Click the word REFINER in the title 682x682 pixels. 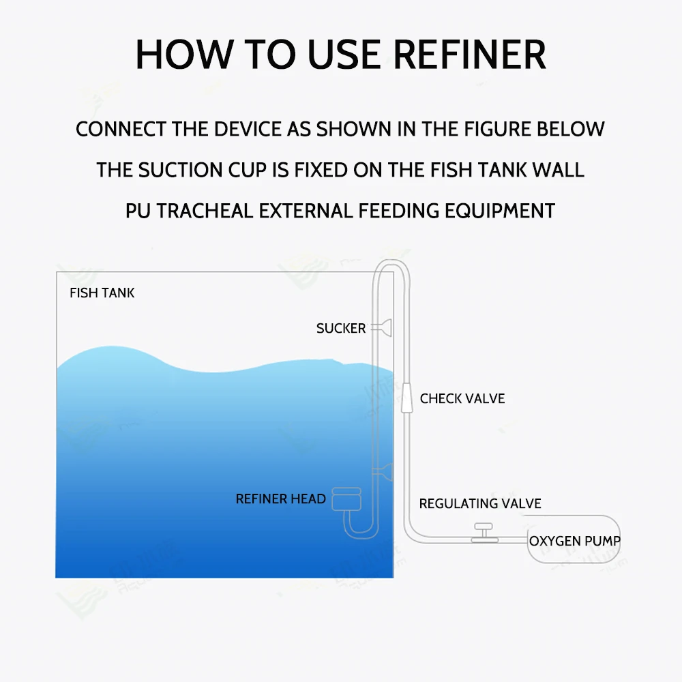click(x=470, y=55)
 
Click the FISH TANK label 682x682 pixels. click(x=102, y=293)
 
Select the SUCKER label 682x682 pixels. click(x=341, y=329)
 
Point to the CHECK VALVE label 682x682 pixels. click(x=462, y=399)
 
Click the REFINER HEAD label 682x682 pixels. click(x=280, y=499)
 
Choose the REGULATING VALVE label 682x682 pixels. click(x=480, y=504)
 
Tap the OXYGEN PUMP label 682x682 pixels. click(x=575, y=542)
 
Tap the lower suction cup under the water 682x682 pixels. click(x=387, y=469)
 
